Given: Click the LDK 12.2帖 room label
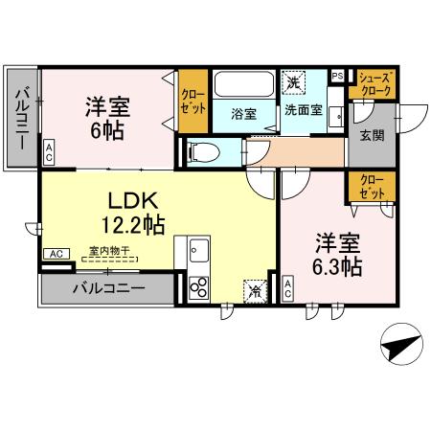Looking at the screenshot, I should [133, 213].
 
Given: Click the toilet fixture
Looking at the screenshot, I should [203, 151].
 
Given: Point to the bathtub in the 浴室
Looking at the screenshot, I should [244, 86].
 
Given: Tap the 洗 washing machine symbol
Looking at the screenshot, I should [292, 83].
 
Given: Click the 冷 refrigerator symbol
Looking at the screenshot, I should [255, 289].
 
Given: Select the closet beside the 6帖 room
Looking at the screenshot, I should [193, 102].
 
